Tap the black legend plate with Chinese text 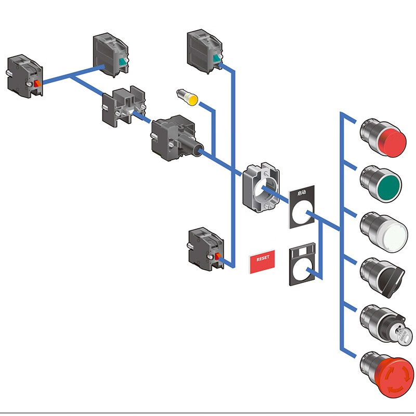(302, 206)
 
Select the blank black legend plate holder (302, 265)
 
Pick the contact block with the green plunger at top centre (205, 51)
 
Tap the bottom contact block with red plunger (205, 250)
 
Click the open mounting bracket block (124, 107)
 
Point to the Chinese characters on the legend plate (302, 192)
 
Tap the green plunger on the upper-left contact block (123, 63)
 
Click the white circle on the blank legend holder (302, 270)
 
